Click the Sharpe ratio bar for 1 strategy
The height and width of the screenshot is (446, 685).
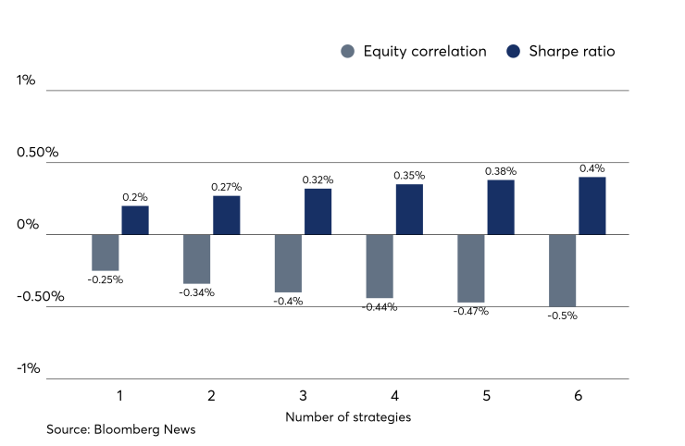tap(135, 220)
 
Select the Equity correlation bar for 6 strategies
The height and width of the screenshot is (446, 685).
tap(563, 270)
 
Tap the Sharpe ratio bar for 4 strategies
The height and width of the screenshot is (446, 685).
tap(409, 209)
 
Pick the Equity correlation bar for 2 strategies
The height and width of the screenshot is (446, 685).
tap(196, 259)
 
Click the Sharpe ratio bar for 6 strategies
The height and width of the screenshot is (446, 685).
tap(592, 205)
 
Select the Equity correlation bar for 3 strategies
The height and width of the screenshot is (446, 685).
tap(288, 263)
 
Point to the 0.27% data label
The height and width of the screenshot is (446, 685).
tap(226, 187)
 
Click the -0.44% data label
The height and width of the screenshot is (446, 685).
tap(380, 306)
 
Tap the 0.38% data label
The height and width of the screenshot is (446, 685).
tap(501, 171)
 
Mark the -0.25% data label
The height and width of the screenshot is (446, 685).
tap(106, 279)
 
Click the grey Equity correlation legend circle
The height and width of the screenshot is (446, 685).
tap(347, 52)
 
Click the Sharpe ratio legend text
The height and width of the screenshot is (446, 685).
tap(571, 52)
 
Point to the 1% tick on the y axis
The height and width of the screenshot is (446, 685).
tap(26, 81)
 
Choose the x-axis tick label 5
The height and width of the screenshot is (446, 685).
tap(486, 396)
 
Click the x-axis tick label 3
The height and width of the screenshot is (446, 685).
tap(303, 396)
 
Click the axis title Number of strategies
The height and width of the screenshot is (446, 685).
tap(348, 416)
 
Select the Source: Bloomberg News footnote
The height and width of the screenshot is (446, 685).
tap(121, 429)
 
